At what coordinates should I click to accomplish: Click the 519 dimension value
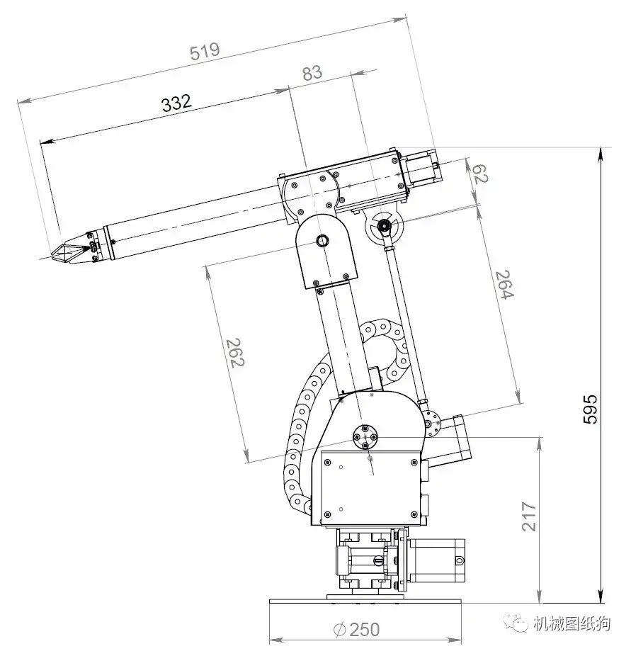click(205, 52)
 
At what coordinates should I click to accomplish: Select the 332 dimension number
click(176, 103)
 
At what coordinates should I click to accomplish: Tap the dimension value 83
click(312, 72)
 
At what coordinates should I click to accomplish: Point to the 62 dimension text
click(479, 173)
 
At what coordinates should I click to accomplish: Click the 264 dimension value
click(504, 285)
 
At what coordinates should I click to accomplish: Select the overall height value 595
click(590, 409)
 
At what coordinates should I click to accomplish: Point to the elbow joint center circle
click(322, 241)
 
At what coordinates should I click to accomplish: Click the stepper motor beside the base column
click(438, 562)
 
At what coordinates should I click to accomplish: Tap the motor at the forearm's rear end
click(422, 168)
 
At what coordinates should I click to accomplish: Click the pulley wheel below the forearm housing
click(384, 227)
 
